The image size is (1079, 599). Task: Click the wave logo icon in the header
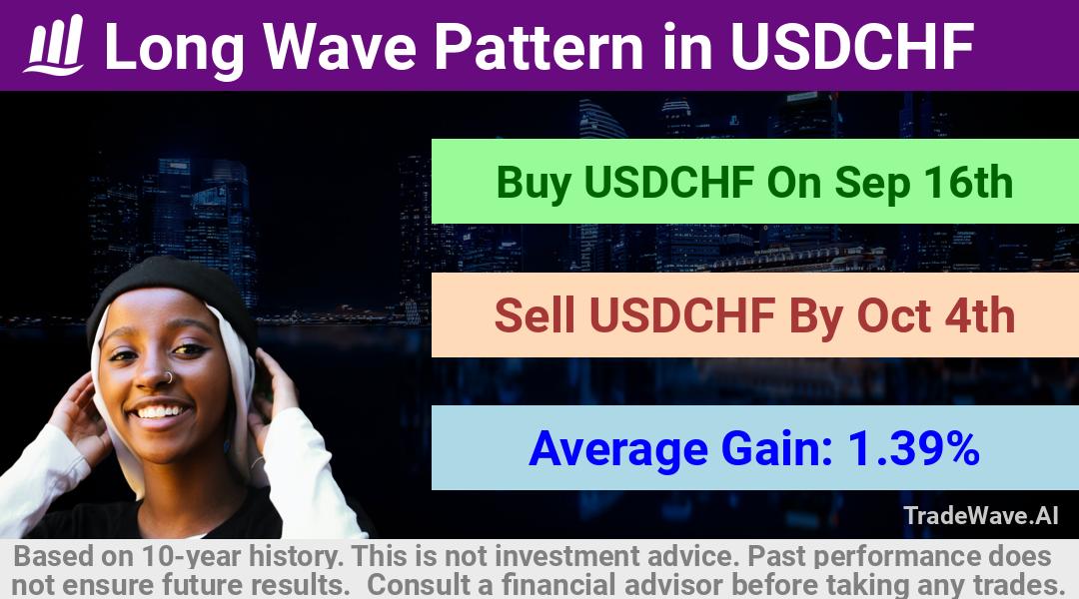point(54,45)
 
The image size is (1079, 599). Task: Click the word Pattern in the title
point(539,46)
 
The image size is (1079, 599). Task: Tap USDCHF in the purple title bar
point(852,46)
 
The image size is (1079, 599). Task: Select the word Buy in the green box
point(534,184)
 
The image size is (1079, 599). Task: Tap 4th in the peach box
point(980,315)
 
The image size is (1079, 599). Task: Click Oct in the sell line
point(893,315)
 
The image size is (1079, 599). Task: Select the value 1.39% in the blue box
point(914,448)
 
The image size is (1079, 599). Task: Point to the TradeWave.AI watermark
point(981,516)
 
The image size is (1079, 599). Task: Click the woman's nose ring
point(167,377)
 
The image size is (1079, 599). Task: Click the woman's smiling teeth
point(161,412)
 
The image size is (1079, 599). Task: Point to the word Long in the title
point(174,48)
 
